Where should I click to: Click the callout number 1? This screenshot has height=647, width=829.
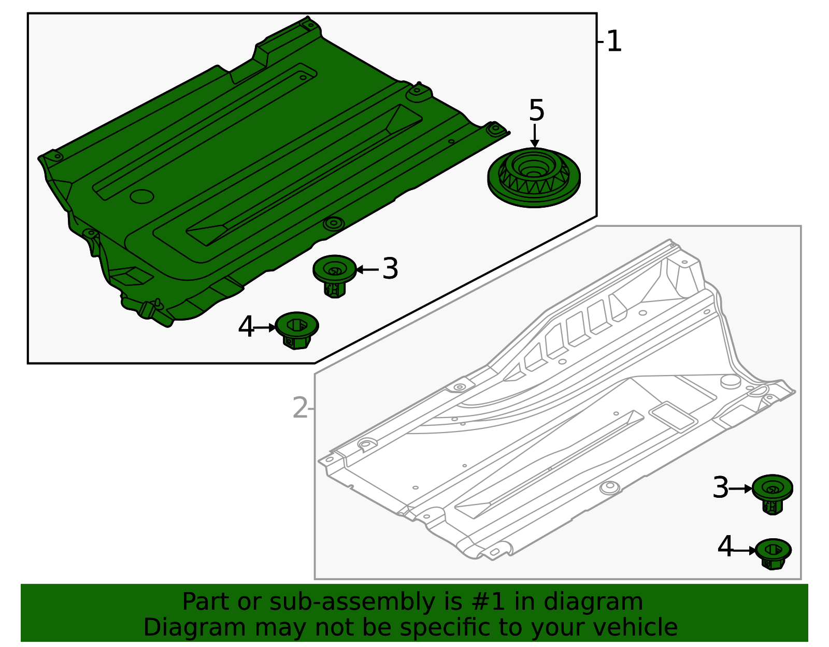(613, 41)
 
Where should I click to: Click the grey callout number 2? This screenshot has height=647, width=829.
(300, 408)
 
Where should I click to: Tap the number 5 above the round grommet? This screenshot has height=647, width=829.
(536, 111)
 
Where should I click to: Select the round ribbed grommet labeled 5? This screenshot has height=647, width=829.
(534, 177)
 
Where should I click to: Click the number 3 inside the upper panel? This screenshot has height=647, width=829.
(390, 269)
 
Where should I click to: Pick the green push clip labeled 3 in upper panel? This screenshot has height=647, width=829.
(335, 275)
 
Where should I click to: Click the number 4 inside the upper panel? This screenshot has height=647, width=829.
(246, 327)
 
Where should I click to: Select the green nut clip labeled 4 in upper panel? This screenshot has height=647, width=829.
(296, 329)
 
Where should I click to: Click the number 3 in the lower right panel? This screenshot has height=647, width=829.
(720, 488)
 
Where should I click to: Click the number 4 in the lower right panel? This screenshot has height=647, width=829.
(725, 548)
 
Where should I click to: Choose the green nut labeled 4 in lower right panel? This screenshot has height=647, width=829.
(773, 553)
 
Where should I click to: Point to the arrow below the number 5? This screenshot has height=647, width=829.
(535, 136)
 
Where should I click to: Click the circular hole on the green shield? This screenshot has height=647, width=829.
(141, 196)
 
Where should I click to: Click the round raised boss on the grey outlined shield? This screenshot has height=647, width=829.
(731, 382)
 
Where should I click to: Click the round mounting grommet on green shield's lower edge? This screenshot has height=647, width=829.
(333, 224)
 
